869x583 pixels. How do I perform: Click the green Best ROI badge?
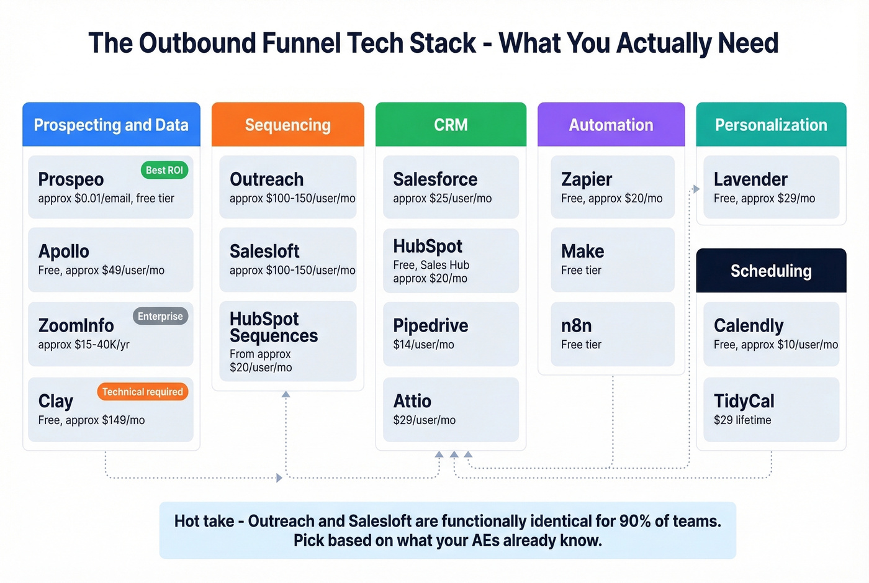(164, 170)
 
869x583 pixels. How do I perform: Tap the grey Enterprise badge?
(160, 316)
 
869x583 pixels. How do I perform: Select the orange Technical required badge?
(142, 392)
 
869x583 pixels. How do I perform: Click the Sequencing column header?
(287, 125)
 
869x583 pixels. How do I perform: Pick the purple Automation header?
(611, 125)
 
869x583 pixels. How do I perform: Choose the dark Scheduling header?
(771, 271)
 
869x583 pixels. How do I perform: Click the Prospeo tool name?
(71, 179)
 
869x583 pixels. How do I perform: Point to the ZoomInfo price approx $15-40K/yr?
(84, 345)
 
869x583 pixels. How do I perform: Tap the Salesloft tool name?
(264, 251)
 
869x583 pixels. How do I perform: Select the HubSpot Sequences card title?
(273, 327)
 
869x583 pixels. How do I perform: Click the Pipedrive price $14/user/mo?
(423, 345)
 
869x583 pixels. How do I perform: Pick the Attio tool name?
(412, 401)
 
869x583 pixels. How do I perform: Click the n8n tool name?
(576, 326)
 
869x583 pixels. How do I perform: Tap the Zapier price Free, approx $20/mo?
(611, 199)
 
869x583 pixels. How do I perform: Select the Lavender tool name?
(750, 179)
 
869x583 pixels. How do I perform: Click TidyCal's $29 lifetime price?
(742, 420)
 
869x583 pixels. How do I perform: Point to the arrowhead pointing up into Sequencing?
(286, 394)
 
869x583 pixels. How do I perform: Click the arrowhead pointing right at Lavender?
(696, 189)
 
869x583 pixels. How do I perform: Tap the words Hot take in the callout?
(204, 521)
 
